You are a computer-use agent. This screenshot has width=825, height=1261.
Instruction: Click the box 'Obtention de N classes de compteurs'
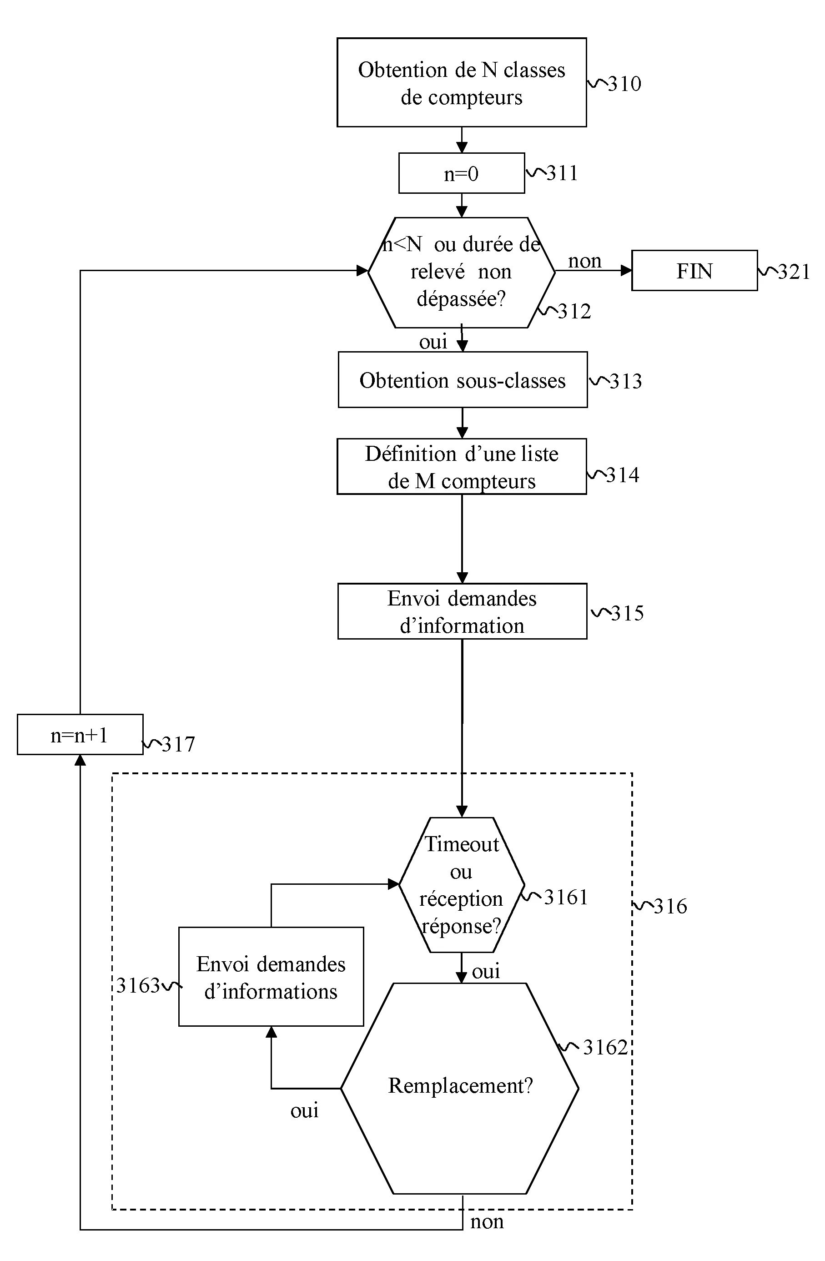click(x=462, y=83)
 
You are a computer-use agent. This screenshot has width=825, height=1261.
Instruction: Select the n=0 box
click(x=462, y=173)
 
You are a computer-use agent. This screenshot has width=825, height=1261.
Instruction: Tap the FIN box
click(x=694, y=271)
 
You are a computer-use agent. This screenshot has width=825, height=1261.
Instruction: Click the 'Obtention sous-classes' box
click(x=463, y=380)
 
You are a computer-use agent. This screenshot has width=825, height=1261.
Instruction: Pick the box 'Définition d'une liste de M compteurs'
click(x=462, y=467)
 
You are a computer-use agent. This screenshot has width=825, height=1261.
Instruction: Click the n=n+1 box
click(x=80, y=734)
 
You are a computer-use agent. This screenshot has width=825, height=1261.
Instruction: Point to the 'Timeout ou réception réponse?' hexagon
click(x=462, y=885)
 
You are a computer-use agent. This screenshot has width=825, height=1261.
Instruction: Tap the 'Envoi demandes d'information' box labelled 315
click(x=462, y=611)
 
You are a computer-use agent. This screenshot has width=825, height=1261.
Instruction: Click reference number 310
click(x=624, y=84)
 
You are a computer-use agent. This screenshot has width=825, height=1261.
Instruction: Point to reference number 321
click(x=794, y=272)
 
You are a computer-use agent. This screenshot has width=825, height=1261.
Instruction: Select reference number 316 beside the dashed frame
click(x=670, y=907)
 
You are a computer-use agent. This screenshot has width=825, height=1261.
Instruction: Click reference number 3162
click(x=605, y=1048)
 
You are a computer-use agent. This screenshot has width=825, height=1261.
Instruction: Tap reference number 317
click(x=178, y=744)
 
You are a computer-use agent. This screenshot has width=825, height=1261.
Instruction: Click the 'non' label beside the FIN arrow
click(x=584, y=261)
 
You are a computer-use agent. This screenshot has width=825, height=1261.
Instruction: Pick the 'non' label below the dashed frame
click(x=487, y=1222)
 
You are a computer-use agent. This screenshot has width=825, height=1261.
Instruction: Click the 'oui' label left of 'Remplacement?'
click(x=305, y=1110)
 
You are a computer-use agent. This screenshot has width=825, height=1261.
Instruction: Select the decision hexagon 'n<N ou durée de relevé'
click(x=462, y=272)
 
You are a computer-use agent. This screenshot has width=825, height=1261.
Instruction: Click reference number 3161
click(x=566, y=898)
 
